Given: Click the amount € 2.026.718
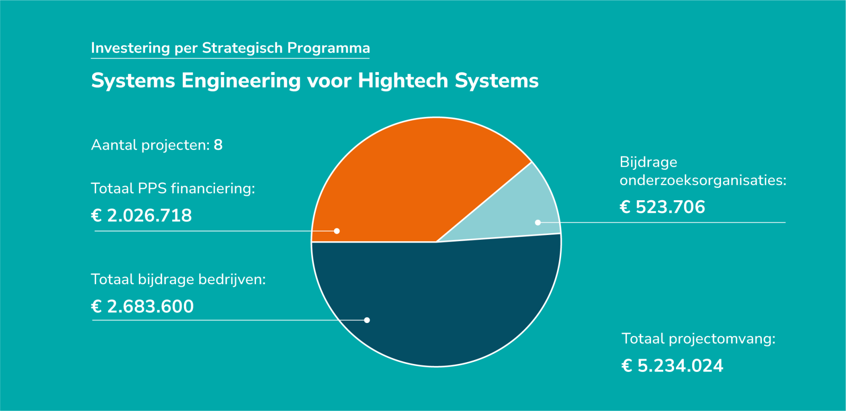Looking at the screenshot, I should [x=141, y=216].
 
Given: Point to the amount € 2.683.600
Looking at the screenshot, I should [x=142, y=307].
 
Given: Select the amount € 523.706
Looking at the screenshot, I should [x=662, y=207].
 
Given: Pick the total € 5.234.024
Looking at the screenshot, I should [x=672, y=366].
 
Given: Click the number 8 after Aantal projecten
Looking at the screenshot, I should [x=218, y=145].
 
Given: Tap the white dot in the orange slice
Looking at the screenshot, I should [x=337, y=231].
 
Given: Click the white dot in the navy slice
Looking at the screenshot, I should [x=367, y=320].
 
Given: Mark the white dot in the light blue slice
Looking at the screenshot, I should [x=538, y=223].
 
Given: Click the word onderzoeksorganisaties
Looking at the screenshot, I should [x=703, y=180].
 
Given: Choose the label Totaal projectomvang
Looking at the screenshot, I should [x=698, y=339].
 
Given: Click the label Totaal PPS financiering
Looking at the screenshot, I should [x=173, y=189].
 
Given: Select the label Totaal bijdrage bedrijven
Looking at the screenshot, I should [x=178, y=280].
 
